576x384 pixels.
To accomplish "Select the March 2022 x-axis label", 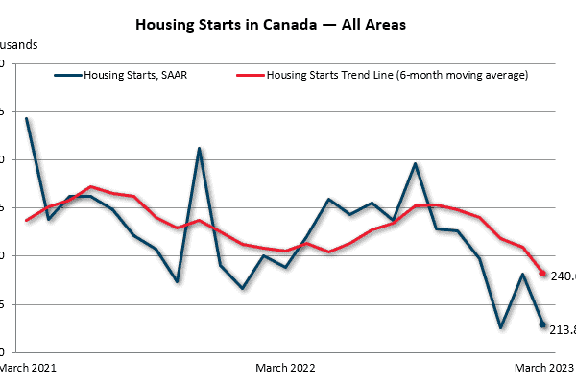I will tap(285, 367).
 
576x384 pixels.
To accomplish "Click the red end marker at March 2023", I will tap(542, 274).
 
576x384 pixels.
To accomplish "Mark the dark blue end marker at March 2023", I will tap(542, 325).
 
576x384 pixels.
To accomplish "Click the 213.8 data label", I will tap(562, 330).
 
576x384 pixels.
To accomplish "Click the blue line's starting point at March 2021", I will tap(26, 119).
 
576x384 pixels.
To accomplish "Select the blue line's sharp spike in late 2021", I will tap(199, 149).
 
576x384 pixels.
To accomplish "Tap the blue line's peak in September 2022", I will tap(415, 164).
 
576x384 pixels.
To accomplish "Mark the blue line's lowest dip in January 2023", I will tap(500, 327).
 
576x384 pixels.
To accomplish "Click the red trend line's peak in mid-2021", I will tap(90, 186).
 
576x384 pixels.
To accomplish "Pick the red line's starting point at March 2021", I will tap(26, 220).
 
